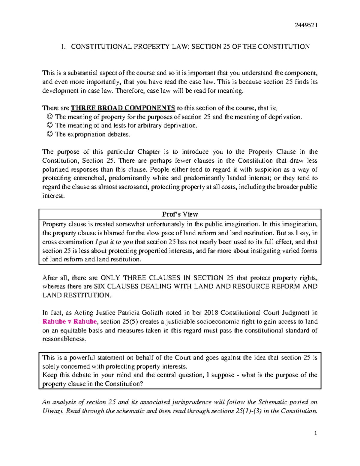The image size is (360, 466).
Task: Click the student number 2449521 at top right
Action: point(306,25)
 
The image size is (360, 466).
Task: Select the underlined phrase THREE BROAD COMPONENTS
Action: point(123,108)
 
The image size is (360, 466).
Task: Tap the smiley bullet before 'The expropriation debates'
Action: point(50,134)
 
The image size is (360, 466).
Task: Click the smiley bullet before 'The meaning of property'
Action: point(50,117)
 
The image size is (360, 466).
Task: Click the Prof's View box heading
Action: point(180,214)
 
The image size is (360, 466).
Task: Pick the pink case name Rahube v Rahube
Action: point(70,322)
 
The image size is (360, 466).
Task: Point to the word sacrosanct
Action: point(134,187)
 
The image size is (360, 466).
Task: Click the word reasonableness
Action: point(64,339)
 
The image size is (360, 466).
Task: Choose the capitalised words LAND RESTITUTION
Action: point(76,295)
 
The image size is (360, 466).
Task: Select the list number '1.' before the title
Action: point(63,47)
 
